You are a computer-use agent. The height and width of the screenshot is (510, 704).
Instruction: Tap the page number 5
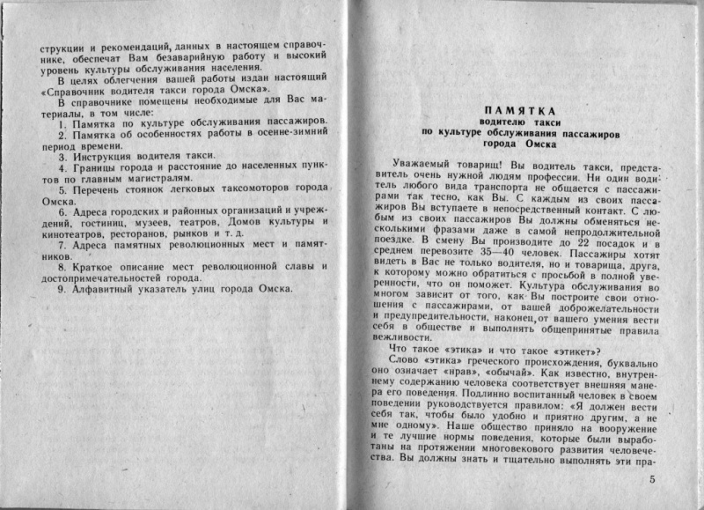click(x=652, y=480)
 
